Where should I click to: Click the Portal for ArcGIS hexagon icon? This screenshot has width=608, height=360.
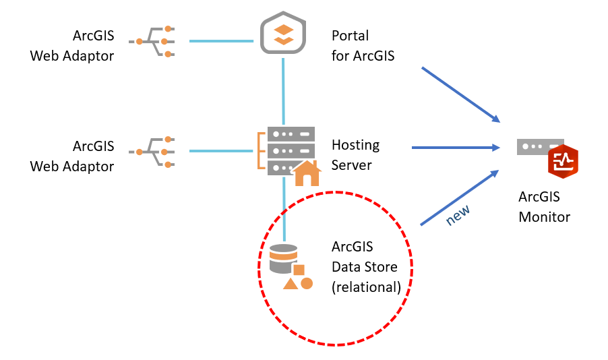click(284, 34)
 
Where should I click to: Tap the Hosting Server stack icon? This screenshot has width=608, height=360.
click(284, 150)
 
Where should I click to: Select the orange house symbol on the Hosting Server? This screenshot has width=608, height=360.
click(307, 173)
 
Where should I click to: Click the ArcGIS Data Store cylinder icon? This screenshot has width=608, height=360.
click(283, 259)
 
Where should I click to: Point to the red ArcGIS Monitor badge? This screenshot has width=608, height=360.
click(563, 160)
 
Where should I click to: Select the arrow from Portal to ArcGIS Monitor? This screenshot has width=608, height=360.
click(460, 94)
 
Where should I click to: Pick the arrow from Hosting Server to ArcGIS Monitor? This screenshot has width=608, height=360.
click(455, 148)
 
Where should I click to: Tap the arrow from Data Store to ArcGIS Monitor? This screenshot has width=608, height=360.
click(459, 197)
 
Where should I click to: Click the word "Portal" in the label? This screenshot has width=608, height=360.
click(350, 36)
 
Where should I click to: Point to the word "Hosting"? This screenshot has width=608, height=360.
click(355, 146)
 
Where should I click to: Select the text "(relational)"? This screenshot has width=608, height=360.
click(366, 287)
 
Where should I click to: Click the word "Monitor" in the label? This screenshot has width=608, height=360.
click(544, 217)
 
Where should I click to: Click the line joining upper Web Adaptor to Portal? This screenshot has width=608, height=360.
click(220, 41)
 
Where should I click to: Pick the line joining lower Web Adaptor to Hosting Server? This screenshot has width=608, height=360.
click(220, 151)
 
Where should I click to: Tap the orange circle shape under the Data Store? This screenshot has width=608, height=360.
click(307, 283)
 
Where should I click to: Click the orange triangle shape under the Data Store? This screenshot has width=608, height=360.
click(291, 284)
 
